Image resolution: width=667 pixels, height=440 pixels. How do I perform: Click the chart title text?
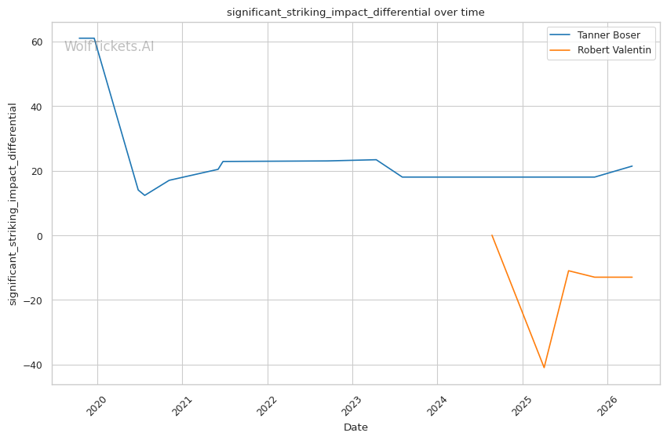point(355,13)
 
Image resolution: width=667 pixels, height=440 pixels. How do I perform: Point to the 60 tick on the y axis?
point(37,42)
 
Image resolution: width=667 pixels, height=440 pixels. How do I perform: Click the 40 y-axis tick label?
point(37,107)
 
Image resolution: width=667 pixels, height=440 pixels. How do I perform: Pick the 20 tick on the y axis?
point(37,171)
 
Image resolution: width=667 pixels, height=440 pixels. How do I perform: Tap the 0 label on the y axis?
point(40,236)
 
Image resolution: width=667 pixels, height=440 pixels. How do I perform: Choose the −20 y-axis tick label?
point(33,300)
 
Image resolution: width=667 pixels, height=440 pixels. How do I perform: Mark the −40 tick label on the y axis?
point(33,365)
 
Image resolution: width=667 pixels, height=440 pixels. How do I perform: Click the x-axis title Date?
point(355,427)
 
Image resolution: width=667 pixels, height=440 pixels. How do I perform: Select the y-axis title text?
point(13,204)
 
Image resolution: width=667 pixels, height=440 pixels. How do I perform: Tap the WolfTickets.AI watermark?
point(109,46)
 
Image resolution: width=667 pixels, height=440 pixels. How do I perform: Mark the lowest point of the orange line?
point(544,367)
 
